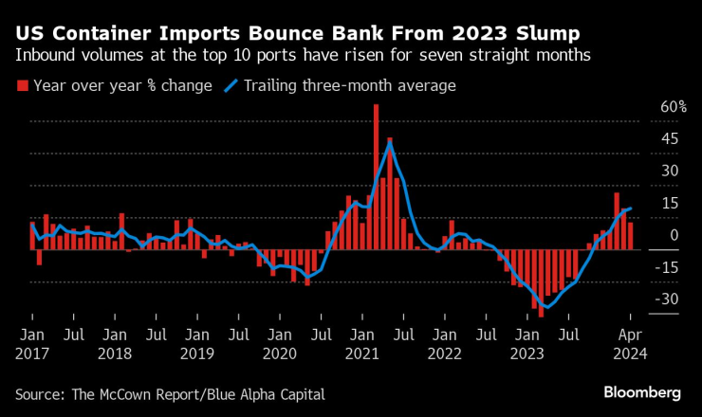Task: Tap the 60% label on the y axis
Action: coord(646,107)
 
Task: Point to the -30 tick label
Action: coord(643,299)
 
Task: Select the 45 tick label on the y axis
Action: coord(644,139)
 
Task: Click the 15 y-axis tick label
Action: coord(644,204)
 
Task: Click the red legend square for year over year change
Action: coord(22,86)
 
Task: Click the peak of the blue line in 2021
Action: coord(389,144)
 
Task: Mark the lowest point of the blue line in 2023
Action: coord(548,307)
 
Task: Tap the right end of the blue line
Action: coord(631,208)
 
